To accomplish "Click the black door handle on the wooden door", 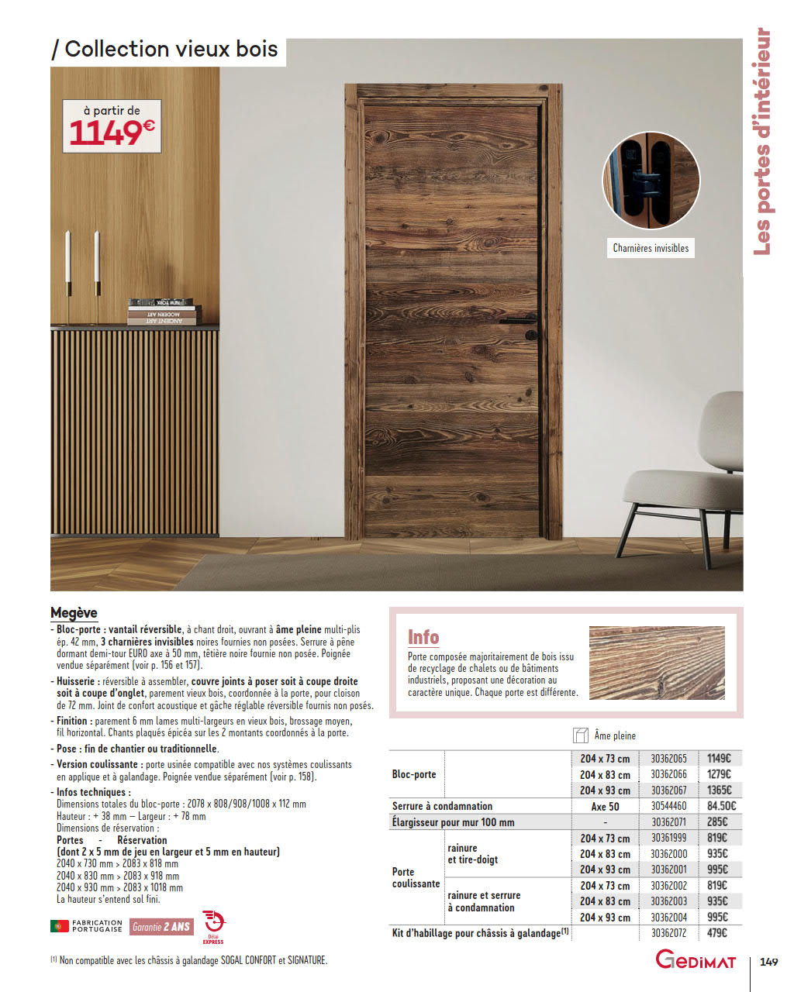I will click(519, 320).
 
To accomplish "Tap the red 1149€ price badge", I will click(112, 133).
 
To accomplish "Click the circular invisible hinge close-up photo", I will click(651, 180).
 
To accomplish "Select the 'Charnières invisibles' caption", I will click(651, 248).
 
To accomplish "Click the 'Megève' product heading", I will click(74, 612).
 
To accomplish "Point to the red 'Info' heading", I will click(423, 637).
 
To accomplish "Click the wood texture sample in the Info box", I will click(657, 663).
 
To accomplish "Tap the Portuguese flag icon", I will click(59, 925).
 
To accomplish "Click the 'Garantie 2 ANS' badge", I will click(161, 926).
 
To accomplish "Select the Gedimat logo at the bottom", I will click(696, 960).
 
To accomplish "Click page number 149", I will click(768, 962).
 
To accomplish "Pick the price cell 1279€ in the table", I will click(719, 774).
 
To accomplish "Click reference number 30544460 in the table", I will click(668, 806).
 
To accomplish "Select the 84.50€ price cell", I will click(721, 806).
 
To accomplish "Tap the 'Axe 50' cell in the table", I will click(605, 806).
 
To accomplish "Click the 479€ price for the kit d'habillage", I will click(717, 933).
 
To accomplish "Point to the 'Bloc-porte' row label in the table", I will click(414, 774).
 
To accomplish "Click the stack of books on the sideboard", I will click(164, 311).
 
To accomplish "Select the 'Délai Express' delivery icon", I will click(213, 925).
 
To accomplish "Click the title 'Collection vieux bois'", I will click(171, 49).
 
